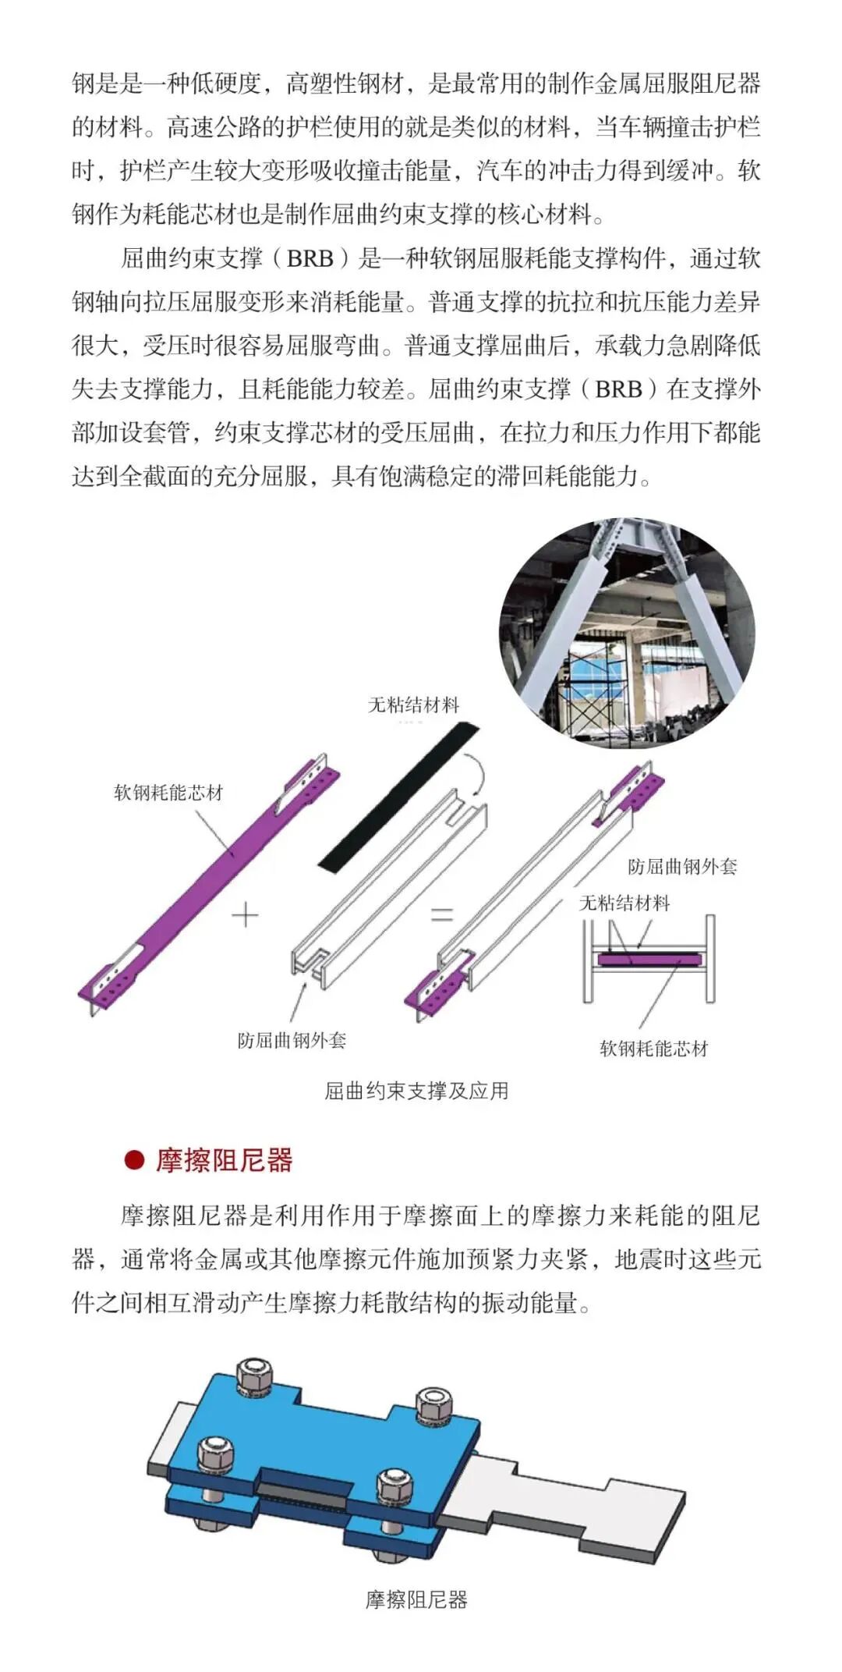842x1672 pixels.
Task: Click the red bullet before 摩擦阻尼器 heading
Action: point(134,1159)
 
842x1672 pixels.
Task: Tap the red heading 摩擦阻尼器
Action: point(224,1159)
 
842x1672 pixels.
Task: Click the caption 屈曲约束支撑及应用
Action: point(416,1090)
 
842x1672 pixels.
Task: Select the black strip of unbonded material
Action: point(399,796)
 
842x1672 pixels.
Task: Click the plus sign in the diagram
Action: point(246,914)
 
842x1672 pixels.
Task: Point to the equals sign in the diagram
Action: point(442,914)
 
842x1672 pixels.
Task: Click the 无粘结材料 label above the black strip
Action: point(413,705)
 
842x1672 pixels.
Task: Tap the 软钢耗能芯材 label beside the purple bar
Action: point(168,793)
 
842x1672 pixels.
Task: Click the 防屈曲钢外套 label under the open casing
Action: point(292,1040)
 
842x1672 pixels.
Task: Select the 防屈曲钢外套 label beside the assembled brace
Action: point(682,866)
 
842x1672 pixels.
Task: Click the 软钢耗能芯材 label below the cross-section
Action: point(653,1049)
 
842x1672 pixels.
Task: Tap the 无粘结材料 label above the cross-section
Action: point(624,903)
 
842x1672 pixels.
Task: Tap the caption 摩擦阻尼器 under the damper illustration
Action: point(416,1600)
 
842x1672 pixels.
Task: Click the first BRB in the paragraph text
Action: point(310,258)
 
